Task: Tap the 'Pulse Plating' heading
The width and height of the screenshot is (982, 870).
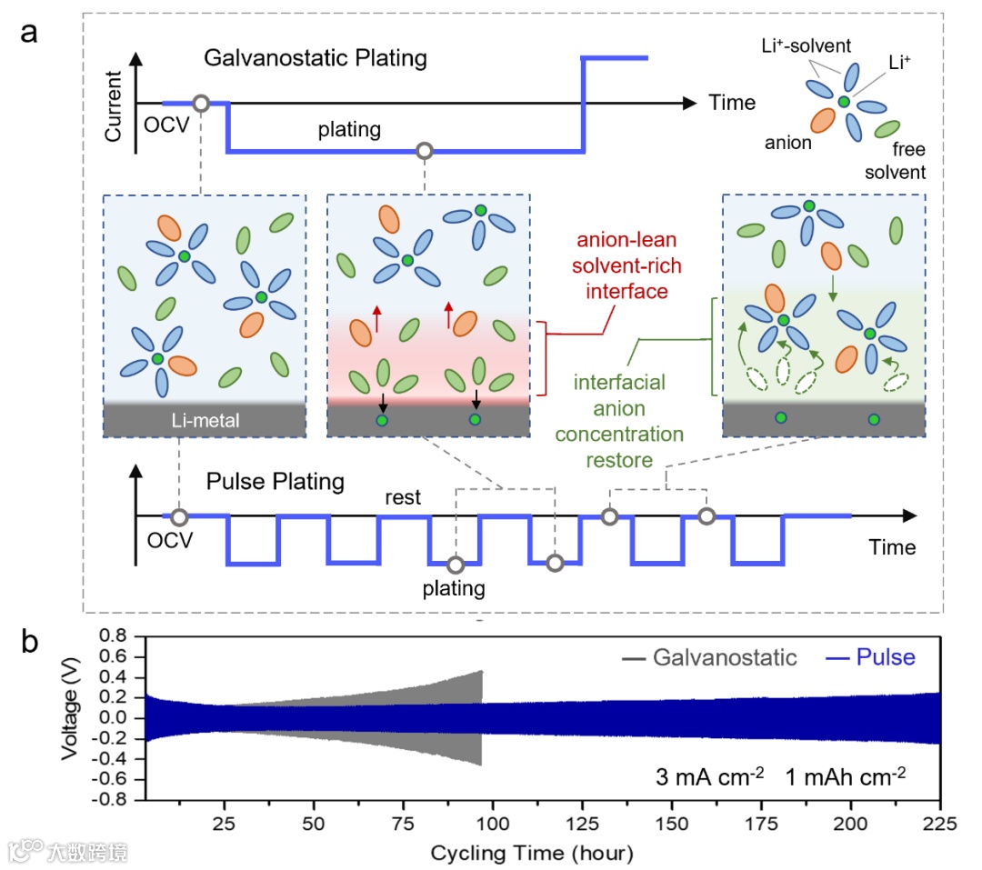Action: pos(276,481)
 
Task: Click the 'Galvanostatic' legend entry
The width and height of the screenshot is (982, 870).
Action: pos(723,656)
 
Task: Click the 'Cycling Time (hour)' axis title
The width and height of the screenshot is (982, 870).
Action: pos(531,853)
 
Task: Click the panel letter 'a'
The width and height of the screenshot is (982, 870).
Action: pos(30,33)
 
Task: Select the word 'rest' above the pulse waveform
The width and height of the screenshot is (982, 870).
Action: pos(403,497)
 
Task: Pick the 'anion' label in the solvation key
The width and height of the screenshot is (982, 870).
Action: pos(788,143)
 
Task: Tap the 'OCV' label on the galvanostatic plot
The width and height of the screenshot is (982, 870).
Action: pos(165,125)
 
